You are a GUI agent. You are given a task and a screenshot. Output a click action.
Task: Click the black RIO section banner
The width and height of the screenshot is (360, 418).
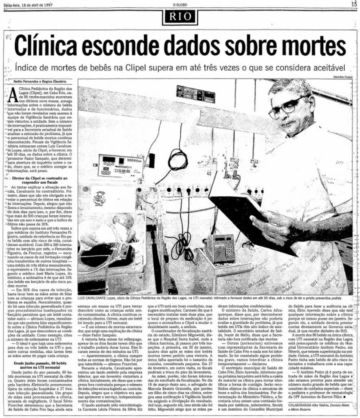coord(179,17)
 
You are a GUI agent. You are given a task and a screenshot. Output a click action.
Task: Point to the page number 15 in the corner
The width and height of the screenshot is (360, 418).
coord(354,4)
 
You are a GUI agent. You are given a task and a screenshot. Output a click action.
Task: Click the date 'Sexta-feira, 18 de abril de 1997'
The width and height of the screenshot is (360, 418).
coord(28,4)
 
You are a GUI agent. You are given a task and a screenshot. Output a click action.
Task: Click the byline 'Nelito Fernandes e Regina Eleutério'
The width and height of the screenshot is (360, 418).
coord(39,82)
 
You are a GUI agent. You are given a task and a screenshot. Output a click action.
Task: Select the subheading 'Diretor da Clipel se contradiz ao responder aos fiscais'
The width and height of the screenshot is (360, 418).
coord(41,181)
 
